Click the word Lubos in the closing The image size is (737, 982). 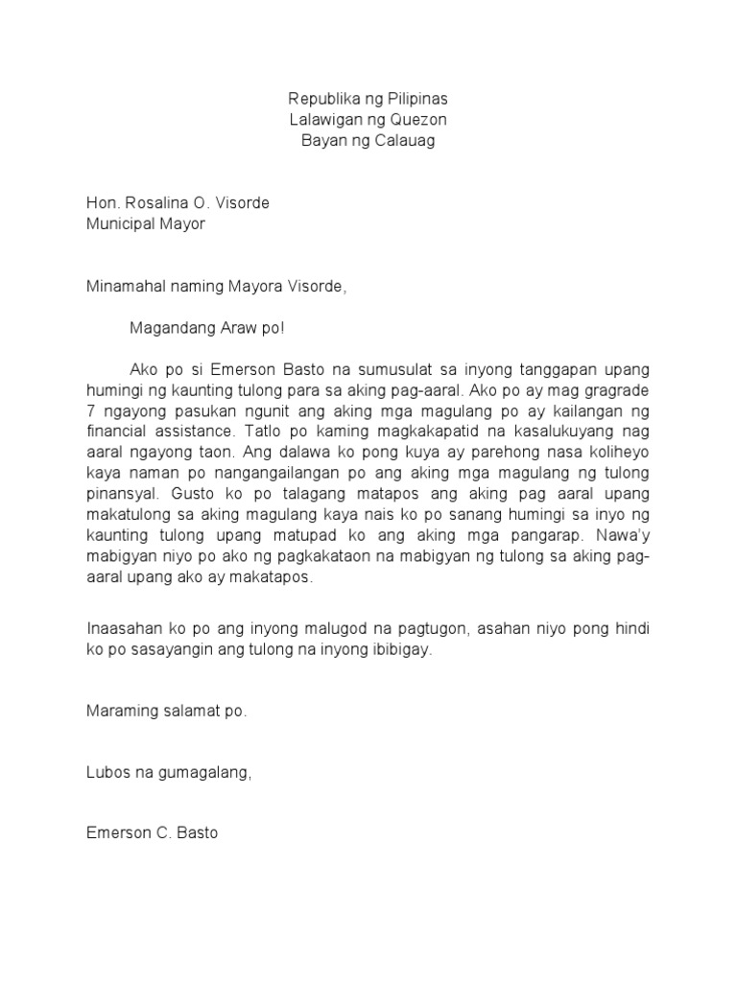(106, 774)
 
